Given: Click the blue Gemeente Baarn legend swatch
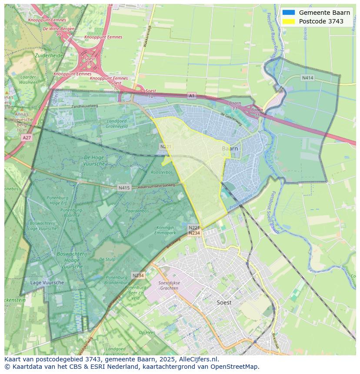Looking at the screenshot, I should [x=288, y=13].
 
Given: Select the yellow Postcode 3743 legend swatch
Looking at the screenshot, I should [x=288, y=21].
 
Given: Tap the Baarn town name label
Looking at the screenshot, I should [x=230, y=149].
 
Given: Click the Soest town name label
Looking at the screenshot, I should [x=224, y=302].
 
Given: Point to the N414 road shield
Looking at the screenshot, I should [x=307, y=78].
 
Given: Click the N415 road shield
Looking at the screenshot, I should [x=124, y=188].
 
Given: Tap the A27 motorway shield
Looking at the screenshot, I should [x=27, y=137].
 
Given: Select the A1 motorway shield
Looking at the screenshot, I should [x=192, y=95].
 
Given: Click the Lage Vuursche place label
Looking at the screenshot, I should [x=47, y=282].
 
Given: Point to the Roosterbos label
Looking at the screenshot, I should [x=161, y=172].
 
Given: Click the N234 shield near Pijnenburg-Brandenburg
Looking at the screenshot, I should [x=138, y=275].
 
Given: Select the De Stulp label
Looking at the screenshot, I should [x=107, y=259].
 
